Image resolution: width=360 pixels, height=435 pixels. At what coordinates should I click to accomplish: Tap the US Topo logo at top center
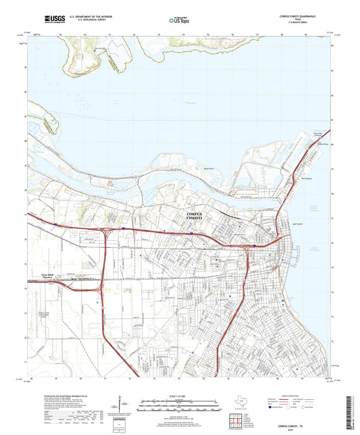pos(178,21)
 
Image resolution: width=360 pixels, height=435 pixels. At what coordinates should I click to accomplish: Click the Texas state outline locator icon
pos(240,403)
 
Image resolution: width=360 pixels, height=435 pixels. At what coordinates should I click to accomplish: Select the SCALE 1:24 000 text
pos(179,395)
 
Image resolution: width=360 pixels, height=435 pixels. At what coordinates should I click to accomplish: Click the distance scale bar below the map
pos(179,406)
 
